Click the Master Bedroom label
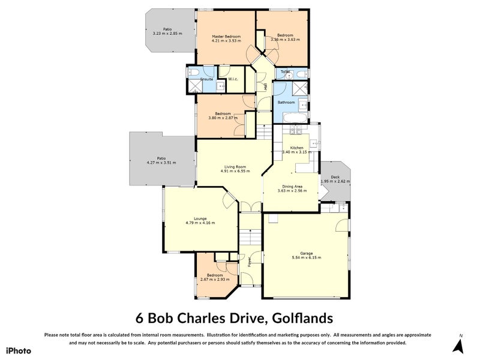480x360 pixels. tap(226, 37)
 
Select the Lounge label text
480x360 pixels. tap(200, 218)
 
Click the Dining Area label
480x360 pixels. tap(292, 186)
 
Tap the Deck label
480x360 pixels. tap(335, 177)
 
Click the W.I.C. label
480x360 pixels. tap(234, 79)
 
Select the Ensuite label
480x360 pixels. tap(206, 79)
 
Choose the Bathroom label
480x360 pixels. tap(286, 102)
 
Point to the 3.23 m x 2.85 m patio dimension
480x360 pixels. tap(167, 34)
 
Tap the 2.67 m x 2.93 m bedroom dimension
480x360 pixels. tap(215, 279)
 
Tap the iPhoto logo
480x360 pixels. tap(18, 350)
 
